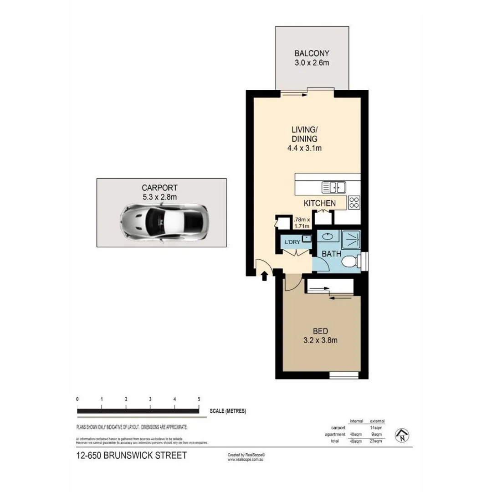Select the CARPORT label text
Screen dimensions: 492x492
point(159,187)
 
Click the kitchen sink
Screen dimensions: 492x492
point(333,187)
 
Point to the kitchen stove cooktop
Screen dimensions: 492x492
point(354,202)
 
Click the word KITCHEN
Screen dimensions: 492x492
point(320,203)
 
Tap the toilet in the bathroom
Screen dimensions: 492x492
point(349,262)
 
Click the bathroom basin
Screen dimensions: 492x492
point(327,236)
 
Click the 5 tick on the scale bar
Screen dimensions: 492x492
point(199,399)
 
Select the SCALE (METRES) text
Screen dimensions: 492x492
point(228,411)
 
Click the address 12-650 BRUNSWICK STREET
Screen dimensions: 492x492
point(132,456)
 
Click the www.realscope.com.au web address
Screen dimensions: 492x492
point(246,460)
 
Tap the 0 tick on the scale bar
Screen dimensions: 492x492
point(77,399)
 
